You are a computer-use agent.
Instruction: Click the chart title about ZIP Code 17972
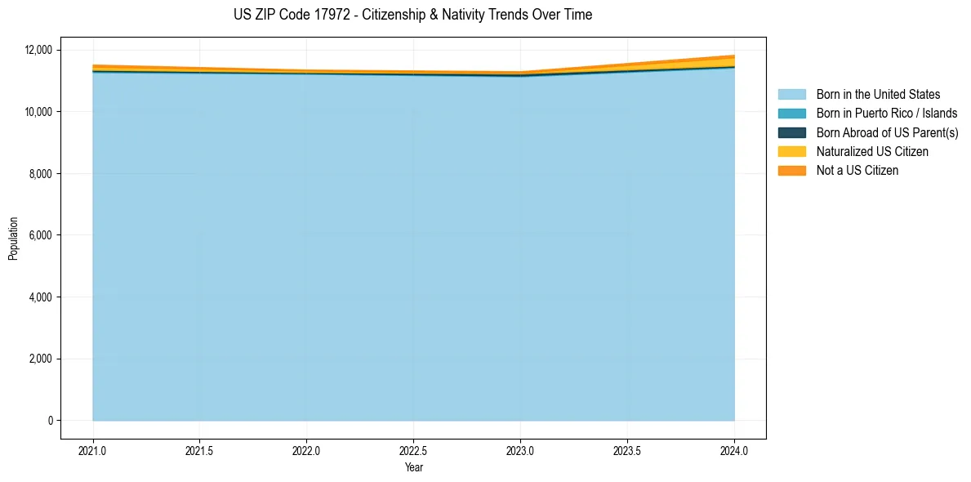click(412, 15)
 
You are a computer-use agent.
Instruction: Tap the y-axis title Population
click(13, 239)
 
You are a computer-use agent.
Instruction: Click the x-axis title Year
click(413, 467)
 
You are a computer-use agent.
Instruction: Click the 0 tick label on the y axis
click(50, 421)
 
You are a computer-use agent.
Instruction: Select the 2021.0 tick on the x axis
click(92, 450)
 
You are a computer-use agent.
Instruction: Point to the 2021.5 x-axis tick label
click(199, 450)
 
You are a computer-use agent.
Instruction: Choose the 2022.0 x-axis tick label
click(306, 450)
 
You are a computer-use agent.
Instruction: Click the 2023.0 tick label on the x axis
click(520, 450)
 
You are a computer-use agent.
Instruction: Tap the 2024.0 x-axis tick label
click(734, 450)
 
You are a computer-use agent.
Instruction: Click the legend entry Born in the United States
click(878, 95)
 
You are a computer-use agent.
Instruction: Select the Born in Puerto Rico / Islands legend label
click(886, 114)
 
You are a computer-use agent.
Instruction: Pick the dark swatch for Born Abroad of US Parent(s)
click(791, 132)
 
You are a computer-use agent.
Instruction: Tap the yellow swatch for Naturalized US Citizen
click(791, 152)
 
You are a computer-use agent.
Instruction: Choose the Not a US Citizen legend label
click(857, 171)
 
